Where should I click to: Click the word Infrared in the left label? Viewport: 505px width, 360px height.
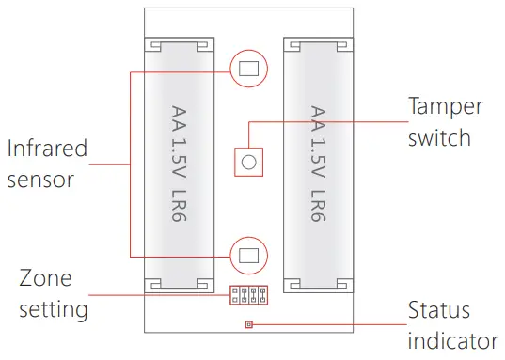pyautogui.click(x=47, y=149)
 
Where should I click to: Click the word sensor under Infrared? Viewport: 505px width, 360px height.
pyautogui.click(x=40, y=179)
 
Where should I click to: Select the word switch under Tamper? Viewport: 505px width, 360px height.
pyautogui.click(x=438, y=137)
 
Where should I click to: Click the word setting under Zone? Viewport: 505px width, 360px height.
pyautogui.click(x=54, y=307)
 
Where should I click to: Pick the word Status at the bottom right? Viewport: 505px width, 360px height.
pyautogui.click(x=438, y=310)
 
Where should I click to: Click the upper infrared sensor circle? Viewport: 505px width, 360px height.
pyautogui.click(x=248, y=68)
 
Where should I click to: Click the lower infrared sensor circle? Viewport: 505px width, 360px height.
pyautogui.click(x=248, y=254)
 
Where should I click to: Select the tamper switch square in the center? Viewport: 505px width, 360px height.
pyautogui.click(x=248, y=161)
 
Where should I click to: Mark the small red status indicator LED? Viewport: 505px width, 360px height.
pyautogui.click(x=248, y=324)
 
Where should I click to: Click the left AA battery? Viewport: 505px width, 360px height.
pyautogui.click(x=179, y=164)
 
